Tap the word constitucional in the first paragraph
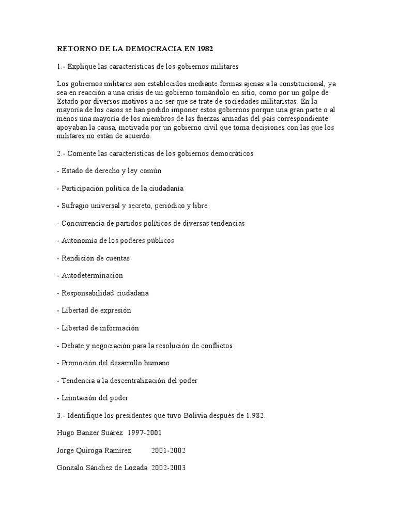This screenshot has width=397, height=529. point(301,84)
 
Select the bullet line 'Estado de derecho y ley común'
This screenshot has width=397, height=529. point(112,171)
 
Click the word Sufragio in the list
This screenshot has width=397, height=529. point(75,206)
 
